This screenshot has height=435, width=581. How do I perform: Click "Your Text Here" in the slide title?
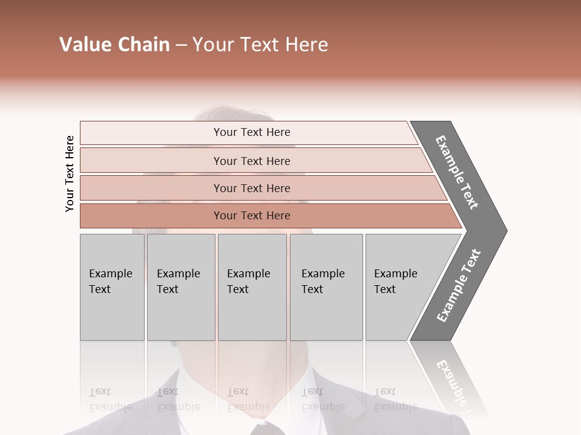tap(260, 45)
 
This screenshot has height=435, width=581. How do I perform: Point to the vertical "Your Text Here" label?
tap(70, 174)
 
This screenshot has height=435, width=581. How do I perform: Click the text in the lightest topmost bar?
tap(252, 132)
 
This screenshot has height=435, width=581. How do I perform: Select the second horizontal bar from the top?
tap(252, 161)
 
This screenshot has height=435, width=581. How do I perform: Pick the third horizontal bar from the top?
tap(252, 188)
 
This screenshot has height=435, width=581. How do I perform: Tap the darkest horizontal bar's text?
tap(252, 216)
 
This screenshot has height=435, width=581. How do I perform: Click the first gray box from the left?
tap(112, 287)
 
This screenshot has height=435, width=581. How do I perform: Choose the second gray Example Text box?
tap(180, 287)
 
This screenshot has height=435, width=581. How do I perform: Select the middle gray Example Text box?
tap(252, 287)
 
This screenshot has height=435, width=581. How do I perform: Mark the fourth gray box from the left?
tap(326, 287)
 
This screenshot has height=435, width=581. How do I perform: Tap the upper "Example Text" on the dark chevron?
tap(457, 172)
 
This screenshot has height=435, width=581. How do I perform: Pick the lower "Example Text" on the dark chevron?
tap(459, 285)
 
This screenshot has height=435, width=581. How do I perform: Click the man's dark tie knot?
tap(264, 428)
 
